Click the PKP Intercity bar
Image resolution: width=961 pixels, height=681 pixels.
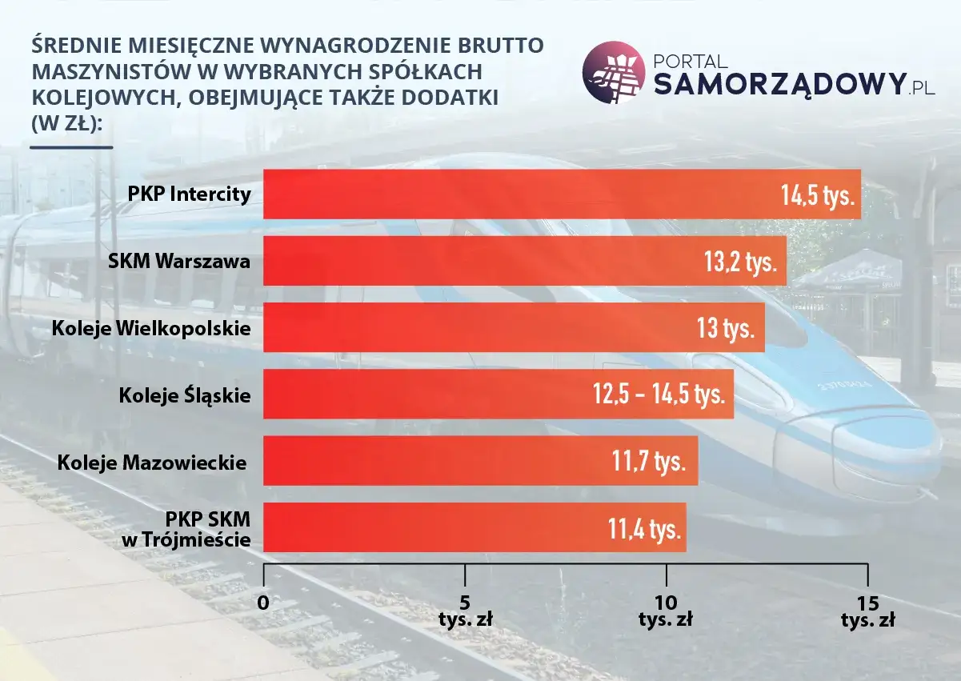click(520, 194)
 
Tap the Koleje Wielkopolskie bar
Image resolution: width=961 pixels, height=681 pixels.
click(472, 327)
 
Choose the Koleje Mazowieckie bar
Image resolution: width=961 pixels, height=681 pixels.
click(432, 460)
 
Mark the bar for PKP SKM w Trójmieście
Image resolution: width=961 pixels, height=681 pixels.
click(432, 527)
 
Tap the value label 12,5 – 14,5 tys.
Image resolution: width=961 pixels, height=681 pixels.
click(658, 395)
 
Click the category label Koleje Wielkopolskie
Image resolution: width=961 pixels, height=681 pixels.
click(151, 328)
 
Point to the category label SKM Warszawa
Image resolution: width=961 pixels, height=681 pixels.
click(179, 262)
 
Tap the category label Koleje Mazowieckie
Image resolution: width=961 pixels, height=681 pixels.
click(152, 462)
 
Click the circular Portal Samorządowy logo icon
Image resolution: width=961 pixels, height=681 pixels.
click(613, 73)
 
